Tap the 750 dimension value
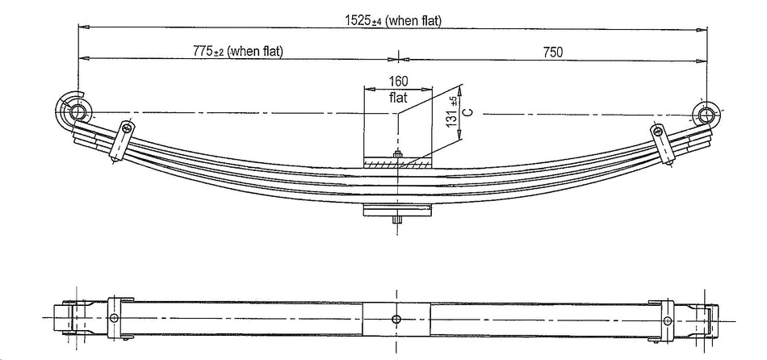click(552, 52)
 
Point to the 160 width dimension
click(398, 81)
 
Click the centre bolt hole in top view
click(396, 319)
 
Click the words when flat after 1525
click(413, 21)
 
